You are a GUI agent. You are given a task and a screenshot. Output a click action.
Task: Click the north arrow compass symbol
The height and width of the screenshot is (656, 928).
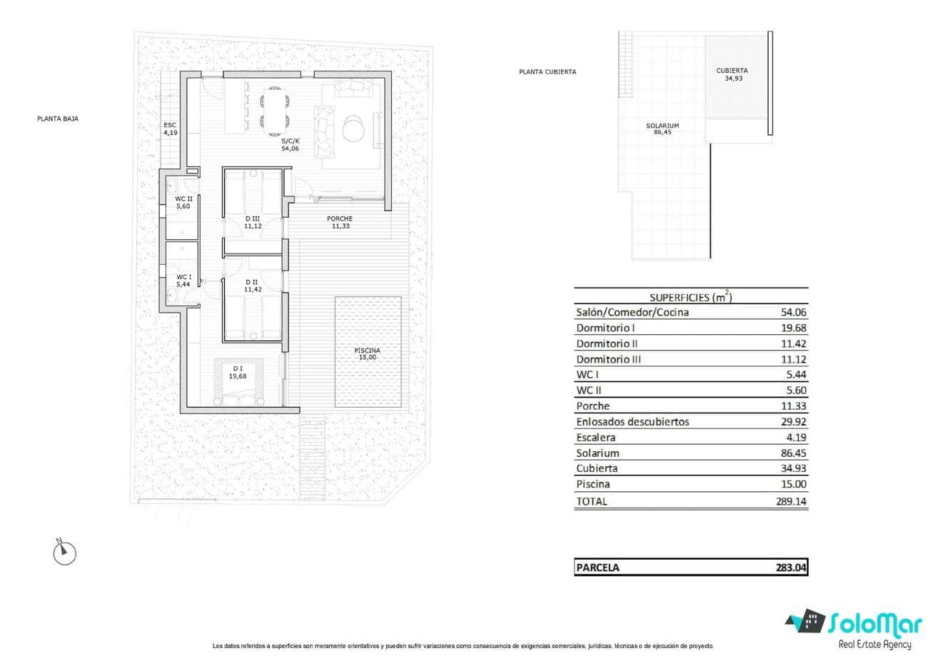coord(65,551)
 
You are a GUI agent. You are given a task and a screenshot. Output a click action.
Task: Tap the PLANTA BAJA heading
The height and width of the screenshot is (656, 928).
coord(57,119)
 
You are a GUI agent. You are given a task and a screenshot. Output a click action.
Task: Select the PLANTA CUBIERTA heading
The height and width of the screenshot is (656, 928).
coord(548,71)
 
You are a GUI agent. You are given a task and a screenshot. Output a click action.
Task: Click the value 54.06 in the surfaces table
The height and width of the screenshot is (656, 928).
coord(792,313)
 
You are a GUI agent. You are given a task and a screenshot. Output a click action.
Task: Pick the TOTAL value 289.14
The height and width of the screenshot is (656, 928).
coord(790,501)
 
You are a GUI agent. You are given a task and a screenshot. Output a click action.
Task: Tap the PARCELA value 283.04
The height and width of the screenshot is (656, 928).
coord(791,568)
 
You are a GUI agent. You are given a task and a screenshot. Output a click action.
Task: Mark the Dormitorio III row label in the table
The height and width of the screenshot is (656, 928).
coord(608,359)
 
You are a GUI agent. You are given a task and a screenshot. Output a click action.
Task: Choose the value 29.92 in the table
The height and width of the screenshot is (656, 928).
coord(792,422)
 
